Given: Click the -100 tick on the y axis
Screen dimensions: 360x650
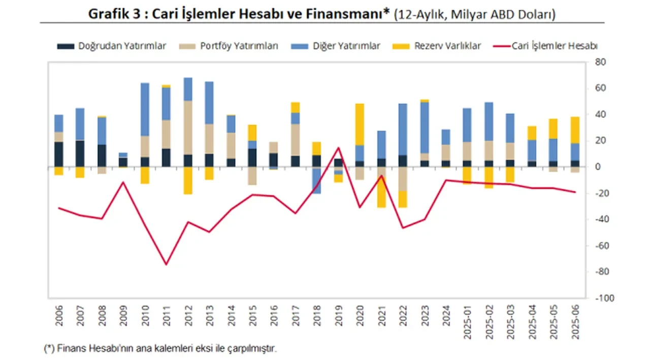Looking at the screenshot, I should pos(598,298).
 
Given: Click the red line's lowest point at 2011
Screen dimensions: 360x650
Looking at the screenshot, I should pos(166,264).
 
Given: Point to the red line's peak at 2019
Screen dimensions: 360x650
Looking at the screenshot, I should pos(338,148).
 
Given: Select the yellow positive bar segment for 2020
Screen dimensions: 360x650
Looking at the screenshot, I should pos(360,124).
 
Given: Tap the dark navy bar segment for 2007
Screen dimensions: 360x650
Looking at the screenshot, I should pos(80,153).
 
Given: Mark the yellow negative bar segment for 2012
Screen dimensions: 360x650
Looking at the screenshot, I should pos(188,180).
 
